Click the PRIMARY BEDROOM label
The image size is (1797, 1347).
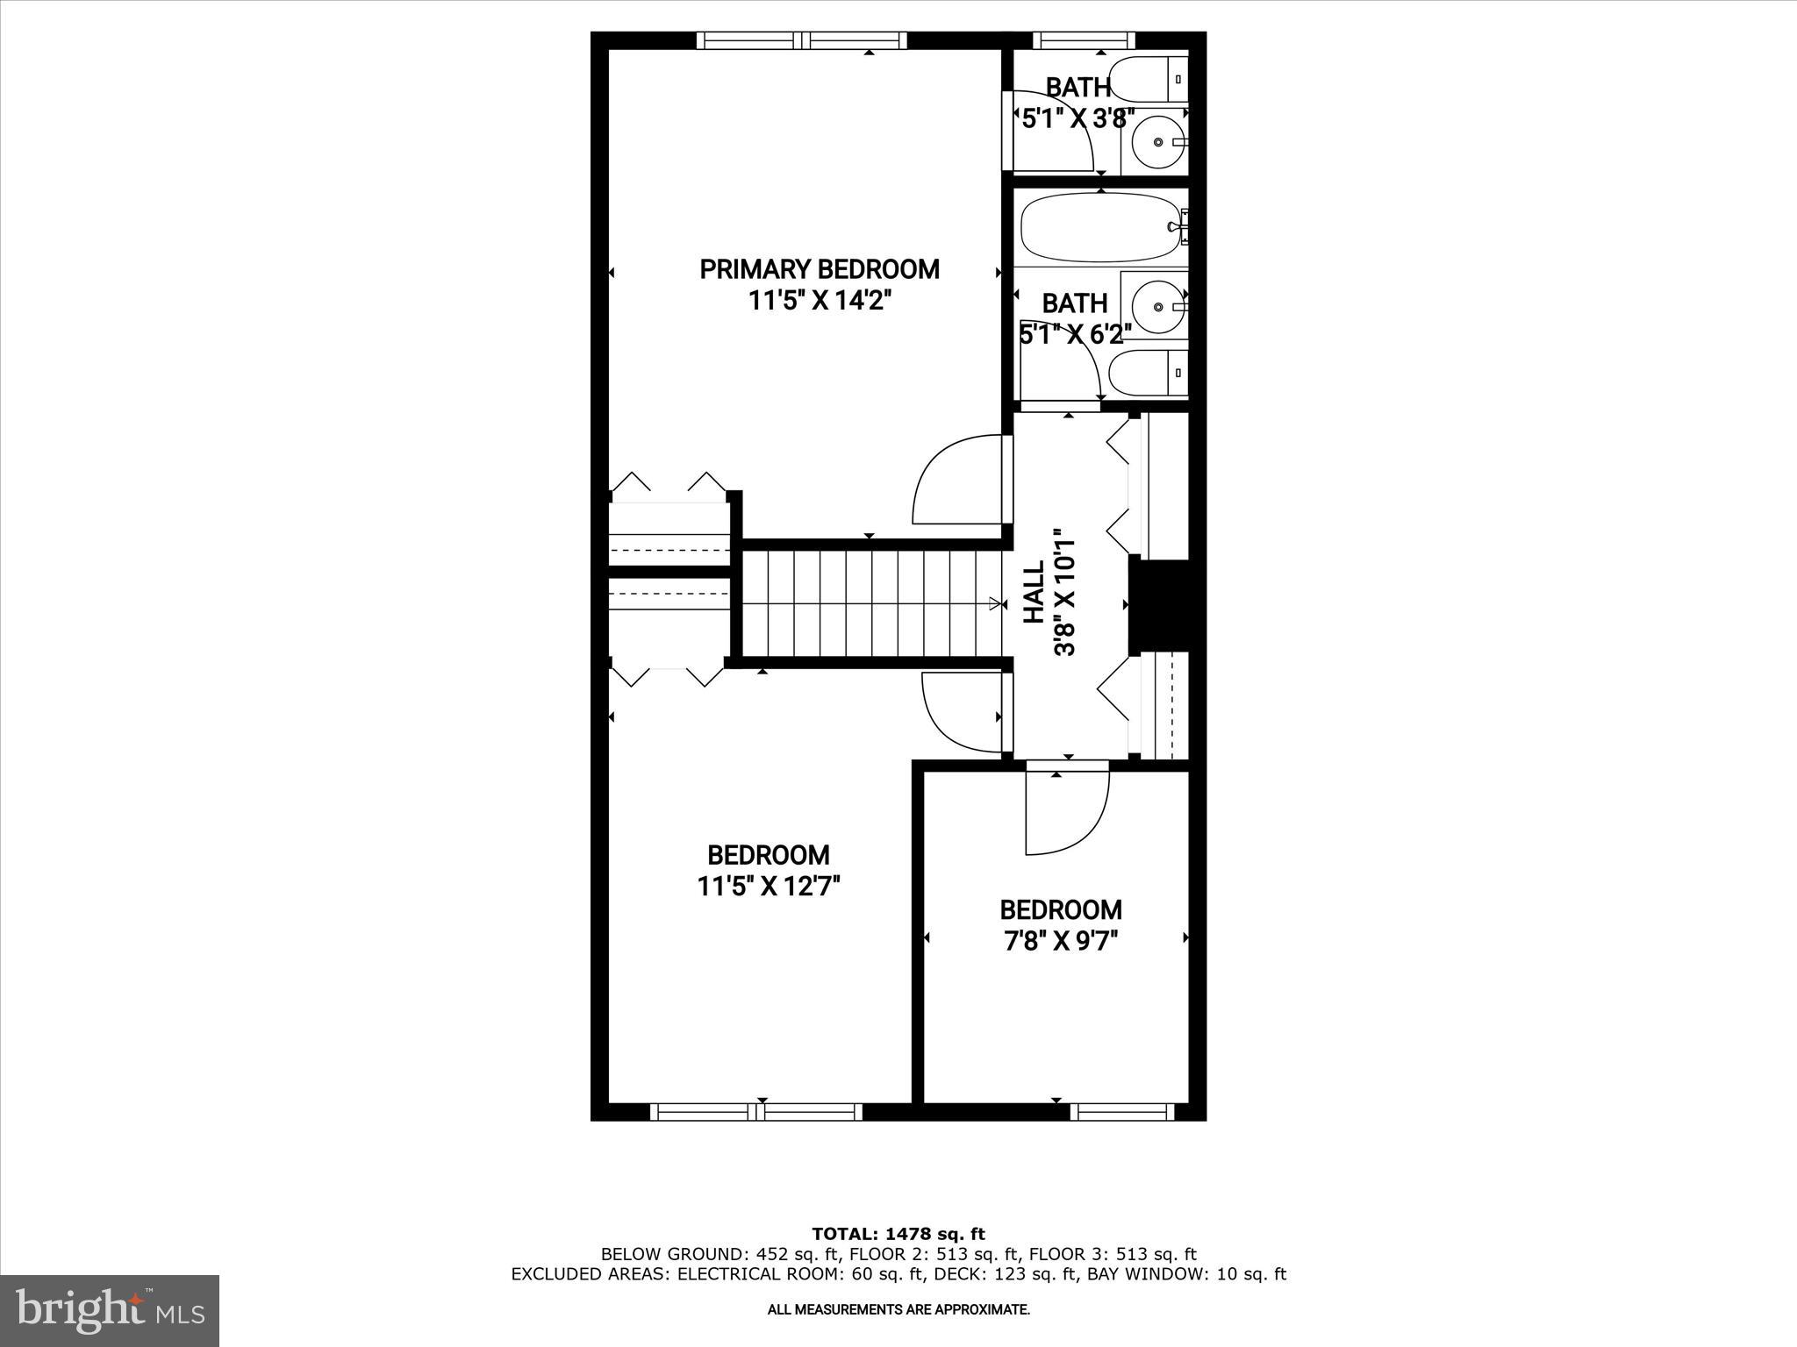tap(819, 269)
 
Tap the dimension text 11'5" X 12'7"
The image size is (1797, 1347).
tap(769, 887)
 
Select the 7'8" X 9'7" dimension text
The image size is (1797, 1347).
tap(1061, 942)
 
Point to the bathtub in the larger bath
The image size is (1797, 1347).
tap(1098, 227)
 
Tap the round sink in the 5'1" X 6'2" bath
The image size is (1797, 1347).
tap(1158, 306)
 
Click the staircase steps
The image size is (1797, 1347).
tap(869, 602)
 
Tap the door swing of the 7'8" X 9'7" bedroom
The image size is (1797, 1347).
tap(1066, 811)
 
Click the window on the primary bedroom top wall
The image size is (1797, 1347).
tap(802, 40)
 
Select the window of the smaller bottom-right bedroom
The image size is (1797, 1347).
tap(1121, 1112)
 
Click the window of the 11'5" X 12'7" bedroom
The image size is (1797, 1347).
tap(756, 1112)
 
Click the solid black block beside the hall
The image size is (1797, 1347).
tap(1159, 605)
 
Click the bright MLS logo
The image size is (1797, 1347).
tap(110, 1310)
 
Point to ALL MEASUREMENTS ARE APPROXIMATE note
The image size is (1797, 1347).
tap(898, 1310)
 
